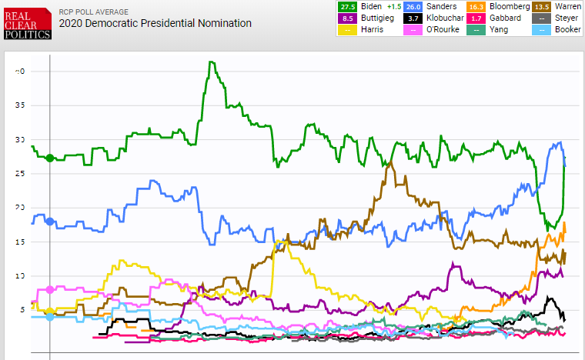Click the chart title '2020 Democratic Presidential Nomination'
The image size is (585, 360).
coord(155,23)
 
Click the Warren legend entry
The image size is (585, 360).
coord(558,6)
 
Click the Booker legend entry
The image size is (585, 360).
coord(558,29)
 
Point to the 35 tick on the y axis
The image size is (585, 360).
coord(21,105)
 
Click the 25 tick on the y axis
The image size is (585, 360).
coord(21,174)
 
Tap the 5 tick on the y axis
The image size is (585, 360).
coord(21,310)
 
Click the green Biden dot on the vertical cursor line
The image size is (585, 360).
coord(50,158)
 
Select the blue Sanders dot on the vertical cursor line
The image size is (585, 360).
coord(50,222)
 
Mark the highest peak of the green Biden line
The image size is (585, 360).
coord(210,62)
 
